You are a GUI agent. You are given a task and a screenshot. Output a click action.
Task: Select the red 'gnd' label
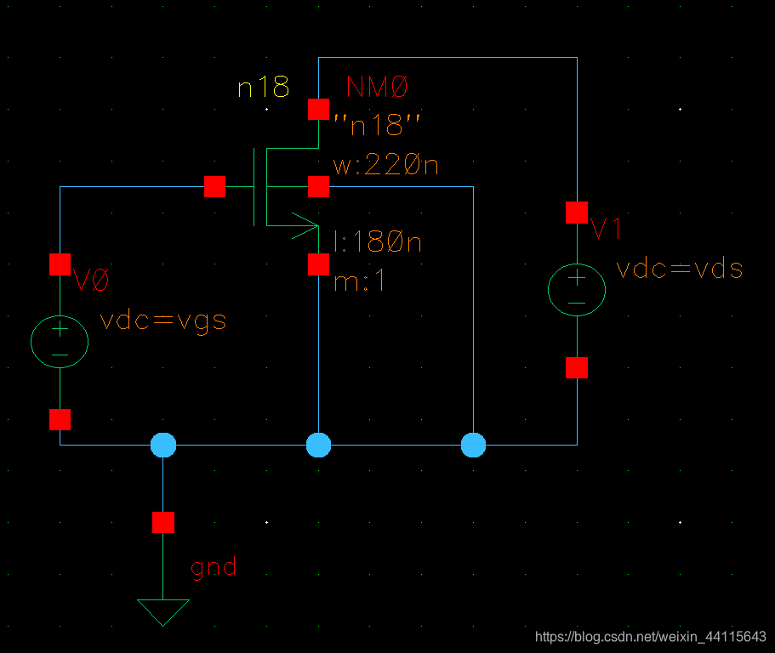tap(214, 567)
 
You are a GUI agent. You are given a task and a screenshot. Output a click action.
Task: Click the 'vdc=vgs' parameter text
tap(163, 321)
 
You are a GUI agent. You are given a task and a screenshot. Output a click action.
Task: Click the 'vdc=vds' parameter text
tap(679, 270)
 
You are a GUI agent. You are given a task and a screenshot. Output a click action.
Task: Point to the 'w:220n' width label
tap(385, 166)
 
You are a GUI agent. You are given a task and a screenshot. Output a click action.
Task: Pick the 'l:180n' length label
tap(378, 242)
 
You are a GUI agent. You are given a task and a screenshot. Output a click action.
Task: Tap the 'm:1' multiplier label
tap(360, 281)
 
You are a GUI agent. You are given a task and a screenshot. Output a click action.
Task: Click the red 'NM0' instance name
tap(378, 87)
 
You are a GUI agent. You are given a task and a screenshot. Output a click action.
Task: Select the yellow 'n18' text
tap(263, 87)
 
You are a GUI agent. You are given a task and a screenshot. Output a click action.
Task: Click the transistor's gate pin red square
tap(215, 187)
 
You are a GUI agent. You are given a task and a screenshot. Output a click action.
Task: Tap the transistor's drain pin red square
tap(318, 109)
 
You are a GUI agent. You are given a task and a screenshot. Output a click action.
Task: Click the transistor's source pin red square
tap(318, 264)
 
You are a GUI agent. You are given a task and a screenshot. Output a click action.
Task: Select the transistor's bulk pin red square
tap(318, 186)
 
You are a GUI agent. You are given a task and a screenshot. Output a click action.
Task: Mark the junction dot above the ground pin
tap(163, 445)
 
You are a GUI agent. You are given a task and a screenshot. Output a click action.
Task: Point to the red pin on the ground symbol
tap(163, 522)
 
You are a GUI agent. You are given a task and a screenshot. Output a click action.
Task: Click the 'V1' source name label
tap(607, 229)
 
